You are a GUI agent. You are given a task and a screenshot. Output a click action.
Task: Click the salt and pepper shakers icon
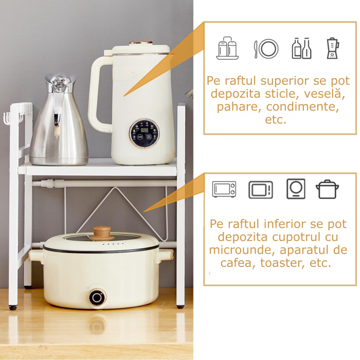(x=227, y=48)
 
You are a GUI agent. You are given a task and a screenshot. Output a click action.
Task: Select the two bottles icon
(x=301, y=48)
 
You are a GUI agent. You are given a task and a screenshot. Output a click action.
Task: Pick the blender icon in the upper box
(x=333, y=48)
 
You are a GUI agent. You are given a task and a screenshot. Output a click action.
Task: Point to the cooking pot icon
(x=327, y=189)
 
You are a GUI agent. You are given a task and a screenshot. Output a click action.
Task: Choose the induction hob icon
(x=296, y=189)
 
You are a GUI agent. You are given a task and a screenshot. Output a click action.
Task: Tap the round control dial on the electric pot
(x=97, y=297)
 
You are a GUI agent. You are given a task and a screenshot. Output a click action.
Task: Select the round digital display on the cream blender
(x=144, y=133)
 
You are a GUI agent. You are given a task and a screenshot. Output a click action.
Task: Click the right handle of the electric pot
(x=166, y=255)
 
